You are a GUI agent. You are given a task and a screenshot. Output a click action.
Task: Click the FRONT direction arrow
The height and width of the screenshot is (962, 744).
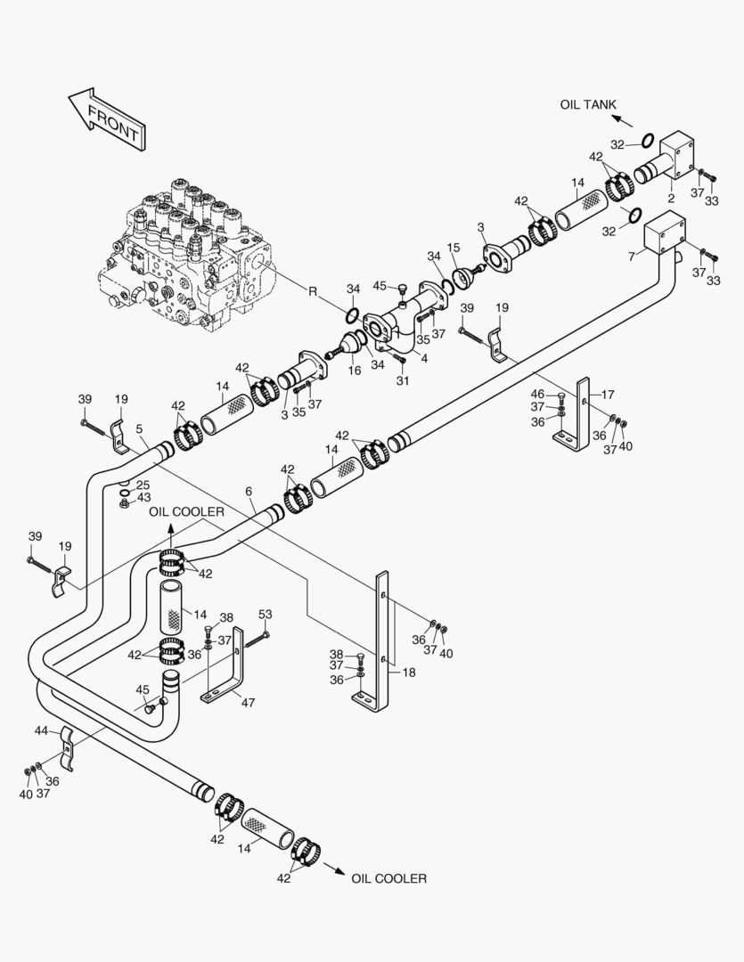105,116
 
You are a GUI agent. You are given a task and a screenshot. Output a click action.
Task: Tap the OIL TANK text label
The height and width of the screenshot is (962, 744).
587,105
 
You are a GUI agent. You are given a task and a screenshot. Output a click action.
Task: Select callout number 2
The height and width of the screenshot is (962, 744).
670,200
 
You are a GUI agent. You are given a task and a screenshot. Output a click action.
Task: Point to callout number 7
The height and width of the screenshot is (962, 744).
631,257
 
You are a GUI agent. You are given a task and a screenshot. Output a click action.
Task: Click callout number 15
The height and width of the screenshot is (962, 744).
454,247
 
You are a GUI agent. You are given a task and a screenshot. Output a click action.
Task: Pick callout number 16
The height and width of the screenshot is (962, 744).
354,371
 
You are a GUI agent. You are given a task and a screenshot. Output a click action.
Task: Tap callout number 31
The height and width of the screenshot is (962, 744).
403,381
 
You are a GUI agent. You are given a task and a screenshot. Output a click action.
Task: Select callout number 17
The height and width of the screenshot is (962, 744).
608,394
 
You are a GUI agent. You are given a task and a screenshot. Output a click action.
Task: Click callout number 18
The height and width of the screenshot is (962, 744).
409,673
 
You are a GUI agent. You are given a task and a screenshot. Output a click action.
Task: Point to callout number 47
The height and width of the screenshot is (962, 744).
248,702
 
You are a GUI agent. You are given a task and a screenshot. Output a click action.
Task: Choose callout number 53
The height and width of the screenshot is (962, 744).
265,614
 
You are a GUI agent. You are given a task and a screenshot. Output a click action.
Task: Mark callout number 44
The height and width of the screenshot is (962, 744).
41,730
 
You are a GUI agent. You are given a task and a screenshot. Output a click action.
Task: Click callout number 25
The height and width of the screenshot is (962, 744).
143,485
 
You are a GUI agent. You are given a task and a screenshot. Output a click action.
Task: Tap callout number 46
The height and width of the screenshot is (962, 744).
537,394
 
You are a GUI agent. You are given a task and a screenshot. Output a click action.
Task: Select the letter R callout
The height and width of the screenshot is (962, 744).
313,291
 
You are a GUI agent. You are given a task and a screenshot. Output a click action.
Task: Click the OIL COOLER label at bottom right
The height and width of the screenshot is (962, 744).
388,878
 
